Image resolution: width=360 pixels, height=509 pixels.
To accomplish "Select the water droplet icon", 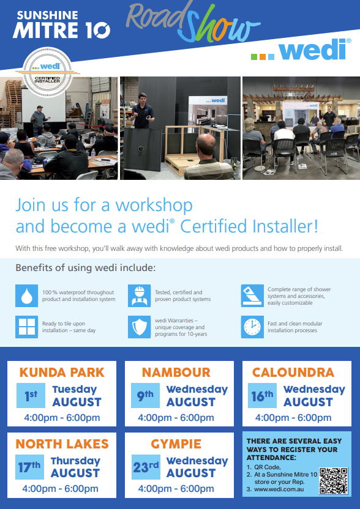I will [26, 295].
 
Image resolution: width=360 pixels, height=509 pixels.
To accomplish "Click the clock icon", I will [251, 327].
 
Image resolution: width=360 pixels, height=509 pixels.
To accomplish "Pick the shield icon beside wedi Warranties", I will [139, 327].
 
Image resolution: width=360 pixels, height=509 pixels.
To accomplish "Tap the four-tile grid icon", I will [26, 327].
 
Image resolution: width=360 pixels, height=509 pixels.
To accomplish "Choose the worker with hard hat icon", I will [139, 295].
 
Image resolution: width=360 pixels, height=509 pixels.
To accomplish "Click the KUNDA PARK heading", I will [62, 372].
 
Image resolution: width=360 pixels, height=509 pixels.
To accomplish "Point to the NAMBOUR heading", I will [176, 372].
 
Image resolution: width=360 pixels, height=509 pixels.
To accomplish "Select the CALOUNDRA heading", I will [293, 372].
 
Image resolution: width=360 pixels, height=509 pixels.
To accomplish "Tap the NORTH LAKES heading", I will [62, 444].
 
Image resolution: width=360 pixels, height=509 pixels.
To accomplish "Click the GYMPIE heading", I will [176, 444].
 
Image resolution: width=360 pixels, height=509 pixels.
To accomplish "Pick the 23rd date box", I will [146, 468].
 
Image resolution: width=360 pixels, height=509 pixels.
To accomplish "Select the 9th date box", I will [146, 396].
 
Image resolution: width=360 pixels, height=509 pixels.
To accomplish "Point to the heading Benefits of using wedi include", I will [86, 268].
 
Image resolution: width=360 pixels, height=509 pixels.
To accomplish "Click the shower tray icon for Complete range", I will [251, 295].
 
